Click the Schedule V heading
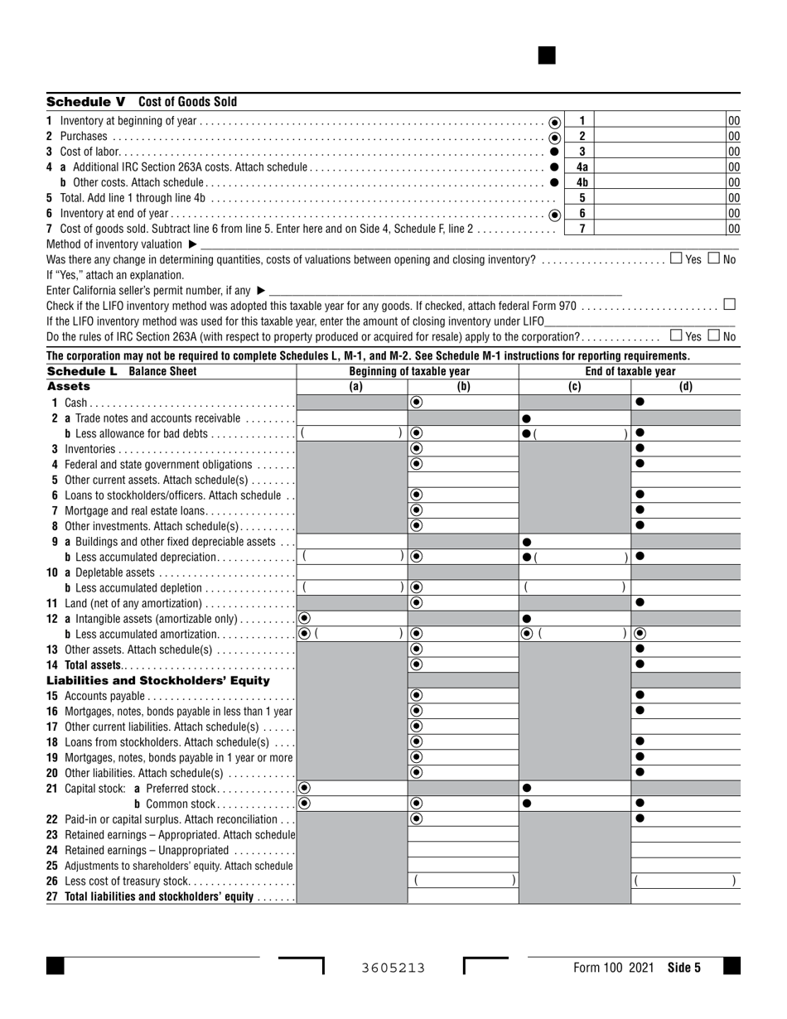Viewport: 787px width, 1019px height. [x=142, y=102]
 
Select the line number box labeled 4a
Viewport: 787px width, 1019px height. [x=582, y=167]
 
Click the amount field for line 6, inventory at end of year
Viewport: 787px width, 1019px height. [x=660, y=214]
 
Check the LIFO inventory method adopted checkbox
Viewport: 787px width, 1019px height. [x=729, y=304]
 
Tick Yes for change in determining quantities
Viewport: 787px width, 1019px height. [x=676, y=258]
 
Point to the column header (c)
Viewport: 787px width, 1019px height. [x=574, y=386]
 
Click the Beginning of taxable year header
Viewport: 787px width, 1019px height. [x=409, y=371]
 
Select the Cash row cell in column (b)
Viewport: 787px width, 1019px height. [x=463, y=402]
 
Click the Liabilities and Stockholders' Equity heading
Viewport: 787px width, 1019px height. [x=158, y=680]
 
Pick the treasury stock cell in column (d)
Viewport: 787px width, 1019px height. [x=685, y=881]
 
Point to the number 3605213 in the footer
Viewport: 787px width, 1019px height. [x=393, y=967]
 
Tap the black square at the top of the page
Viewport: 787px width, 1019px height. [x=547, y=56]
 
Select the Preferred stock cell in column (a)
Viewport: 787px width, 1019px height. [x=352, y=788]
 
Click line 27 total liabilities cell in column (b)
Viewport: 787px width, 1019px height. [x=463, y=896]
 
